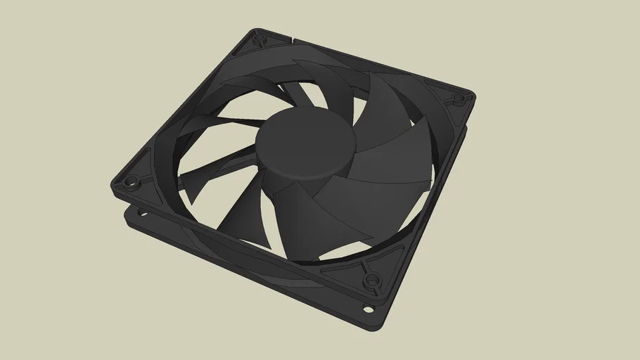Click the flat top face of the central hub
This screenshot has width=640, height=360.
(x=304, y=138)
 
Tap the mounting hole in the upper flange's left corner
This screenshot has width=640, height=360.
(x=130, y=185)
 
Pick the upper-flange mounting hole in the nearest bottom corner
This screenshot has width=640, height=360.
(x=371, y=283)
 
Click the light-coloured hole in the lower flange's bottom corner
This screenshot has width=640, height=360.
(x=368, y=308)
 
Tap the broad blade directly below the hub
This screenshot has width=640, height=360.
(x=302, y=218)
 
